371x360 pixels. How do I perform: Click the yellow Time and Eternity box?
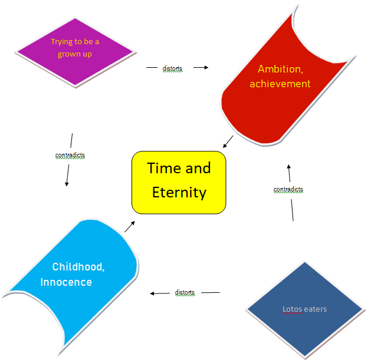click(x=179, y=183)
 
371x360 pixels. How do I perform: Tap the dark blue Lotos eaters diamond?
click(x=305, y=309)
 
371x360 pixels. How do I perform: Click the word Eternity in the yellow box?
click(x=179, y=193)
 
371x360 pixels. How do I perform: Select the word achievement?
click(x=280, y=84)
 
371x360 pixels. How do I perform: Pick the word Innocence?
click(x=66, y=282)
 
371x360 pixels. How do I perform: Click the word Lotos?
click(x=292, y=309)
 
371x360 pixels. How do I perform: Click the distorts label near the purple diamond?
click(x=172, y=68)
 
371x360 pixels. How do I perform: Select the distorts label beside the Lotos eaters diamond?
click(x=185, y=293)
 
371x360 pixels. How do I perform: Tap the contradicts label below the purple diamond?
click(x=70, y=156)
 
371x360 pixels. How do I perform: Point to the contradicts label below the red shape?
click(x=288, y=190)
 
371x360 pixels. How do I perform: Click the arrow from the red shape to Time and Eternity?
click(x=228, y=141)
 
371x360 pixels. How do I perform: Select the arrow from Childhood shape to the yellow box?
click(x=130, y=226)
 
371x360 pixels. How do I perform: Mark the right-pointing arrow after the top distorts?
click(x=201, y=67)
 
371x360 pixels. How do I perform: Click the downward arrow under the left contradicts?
click(x=68, y=176)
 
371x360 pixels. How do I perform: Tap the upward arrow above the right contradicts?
click(x=289, y=173)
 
